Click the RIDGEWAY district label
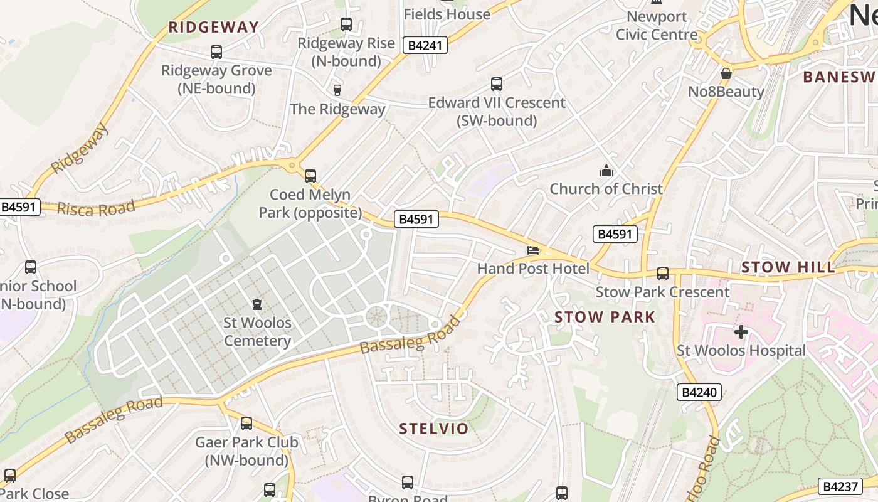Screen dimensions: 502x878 [213, 27]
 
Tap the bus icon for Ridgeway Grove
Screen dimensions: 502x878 [216, 52]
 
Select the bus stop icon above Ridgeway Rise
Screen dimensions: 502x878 [346, 24]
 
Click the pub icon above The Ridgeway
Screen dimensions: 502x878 [337, 90]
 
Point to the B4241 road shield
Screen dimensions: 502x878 [425, 45]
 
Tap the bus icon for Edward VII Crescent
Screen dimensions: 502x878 [497, 84]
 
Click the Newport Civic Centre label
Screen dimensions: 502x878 [657, 25]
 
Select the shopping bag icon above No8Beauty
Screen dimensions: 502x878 [726, 73]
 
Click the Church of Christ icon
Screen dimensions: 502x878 [606, 171]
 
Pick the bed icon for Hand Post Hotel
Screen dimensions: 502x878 [533, 250]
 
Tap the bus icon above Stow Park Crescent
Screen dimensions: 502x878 [663, 274]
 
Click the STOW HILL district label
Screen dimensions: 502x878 [788, 267]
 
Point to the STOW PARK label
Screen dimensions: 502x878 [605, 317]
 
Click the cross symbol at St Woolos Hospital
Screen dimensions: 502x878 [741, 331]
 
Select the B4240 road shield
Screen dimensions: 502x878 [699, 392]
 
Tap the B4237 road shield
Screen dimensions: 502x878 [840, 486]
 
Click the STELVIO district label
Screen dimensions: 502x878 [434, 429]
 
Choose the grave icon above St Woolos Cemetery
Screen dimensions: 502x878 [257, 305]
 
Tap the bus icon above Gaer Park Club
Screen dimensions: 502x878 [246, 424]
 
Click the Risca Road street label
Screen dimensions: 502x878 [96, 208]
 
